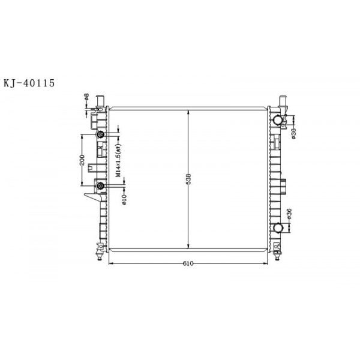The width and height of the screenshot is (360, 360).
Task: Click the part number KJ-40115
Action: (29, 83)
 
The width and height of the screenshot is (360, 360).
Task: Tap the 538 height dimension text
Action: (188, 178)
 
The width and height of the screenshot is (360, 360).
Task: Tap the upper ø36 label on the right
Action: (293, 133)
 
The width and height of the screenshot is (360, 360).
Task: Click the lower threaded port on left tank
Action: (100, 187)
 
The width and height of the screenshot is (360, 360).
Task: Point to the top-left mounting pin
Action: (101, 98)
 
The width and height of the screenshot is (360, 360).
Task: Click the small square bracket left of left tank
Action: (91, 169)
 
